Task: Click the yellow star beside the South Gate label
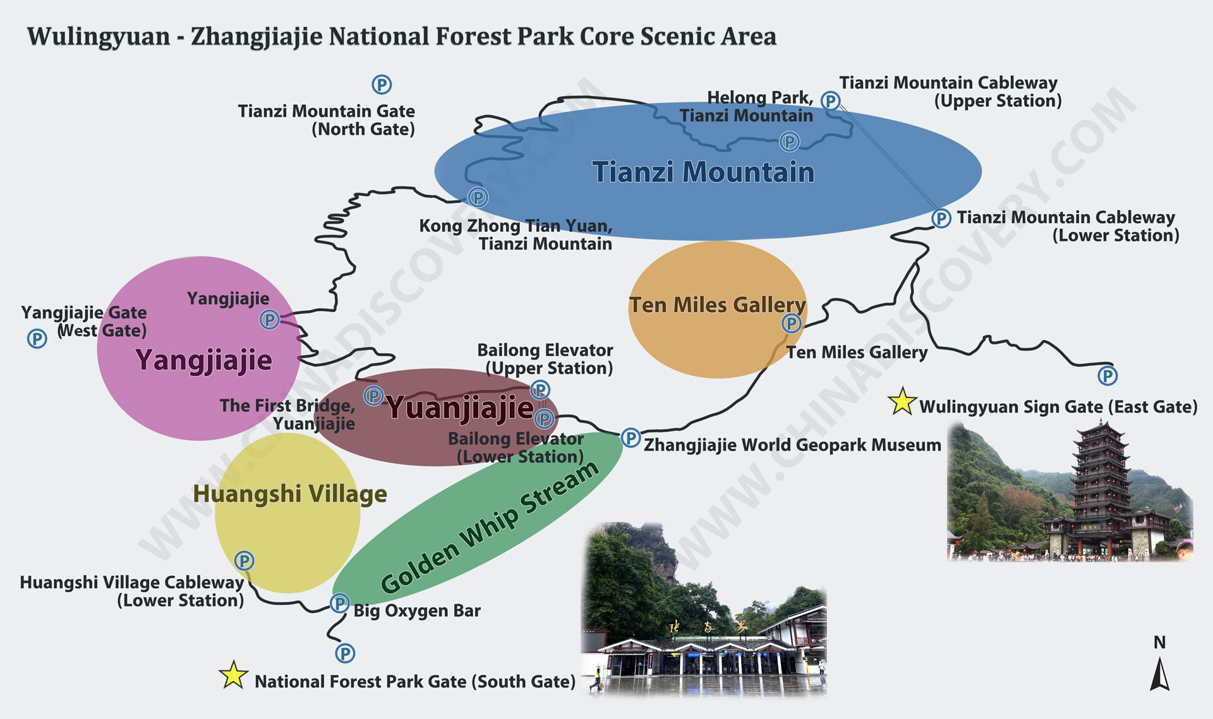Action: tap(233, 675)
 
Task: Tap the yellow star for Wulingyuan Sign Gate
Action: tap(902, 401)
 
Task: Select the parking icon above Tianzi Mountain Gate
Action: tap(382, 84)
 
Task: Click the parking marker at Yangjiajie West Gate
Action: tap(37, 339)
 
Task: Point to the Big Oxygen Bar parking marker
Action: tap(340, 603)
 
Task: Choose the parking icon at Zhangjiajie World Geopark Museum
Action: tap(631, 437)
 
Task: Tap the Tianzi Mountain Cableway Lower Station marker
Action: tap(941, 219)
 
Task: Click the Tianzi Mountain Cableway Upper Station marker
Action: tap(830, 100)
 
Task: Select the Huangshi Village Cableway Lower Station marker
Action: tap(244, 560)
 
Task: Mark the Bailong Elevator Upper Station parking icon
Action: tap(540, 389)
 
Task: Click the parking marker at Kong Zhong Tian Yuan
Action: tap(478, 198)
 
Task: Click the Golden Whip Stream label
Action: tap(490, 527)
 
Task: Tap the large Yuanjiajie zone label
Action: tap(460, 408)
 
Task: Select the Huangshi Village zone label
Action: tap(290, 493)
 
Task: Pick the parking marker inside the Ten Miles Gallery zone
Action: tap(791, 323)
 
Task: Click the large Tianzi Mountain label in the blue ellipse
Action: tap(703, 172)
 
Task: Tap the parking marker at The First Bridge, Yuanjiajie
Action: tap(373, 396)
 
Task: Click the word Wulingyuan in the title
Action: tap(99, 37)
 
